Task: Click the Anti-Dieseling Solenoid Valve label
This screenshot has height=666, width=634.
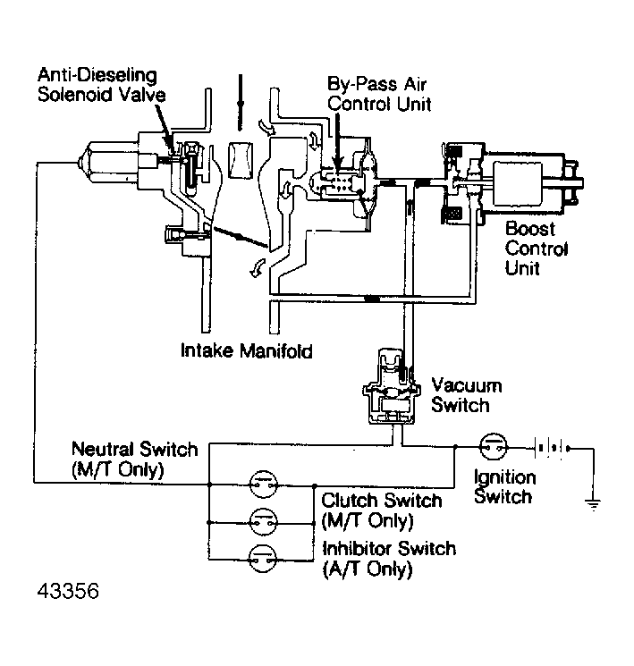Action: (101, 85)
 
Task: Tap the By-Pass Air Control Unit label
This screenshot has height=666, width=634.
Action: (379, 94)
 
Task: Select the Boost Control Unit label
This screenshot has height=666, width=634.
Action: (537, 249)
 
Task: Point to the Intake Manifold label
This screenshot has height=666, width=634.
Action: (247, 350)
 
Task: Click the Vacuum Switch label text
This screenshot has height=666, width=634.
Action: (467, 395)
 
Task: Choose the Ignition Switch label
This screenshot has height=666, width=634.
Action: (505, 486)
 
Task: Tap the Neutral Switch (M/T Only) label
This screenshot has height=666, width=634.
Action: (135, 459)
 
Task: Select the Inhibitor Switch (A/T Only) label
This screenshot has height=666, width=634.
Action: (389, 559)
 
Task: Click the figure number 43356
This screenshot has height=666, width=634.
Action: (68, 591)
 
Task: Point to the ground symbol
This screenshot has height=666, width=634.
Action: (593, 504)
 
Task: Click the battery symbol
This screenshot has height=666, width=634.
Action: (552, 448)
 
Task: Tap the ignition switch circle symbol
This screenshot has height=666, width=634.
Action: (494, 447)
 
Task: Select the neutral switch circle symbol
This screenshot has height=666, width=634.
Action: (264, 485)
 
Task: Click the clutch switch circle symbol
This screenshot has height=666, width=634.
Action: (264, 522)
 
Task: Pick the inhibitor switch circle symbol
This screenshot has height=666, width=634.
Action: (264, 559)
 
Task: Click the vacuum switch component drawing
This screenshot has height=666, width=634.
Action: (392, 386)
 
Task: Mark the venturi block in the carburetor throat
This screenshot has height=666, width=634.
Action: (241, 160)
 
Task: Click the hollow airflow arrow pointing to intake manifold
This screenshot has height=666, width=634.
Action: (257, 268)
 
